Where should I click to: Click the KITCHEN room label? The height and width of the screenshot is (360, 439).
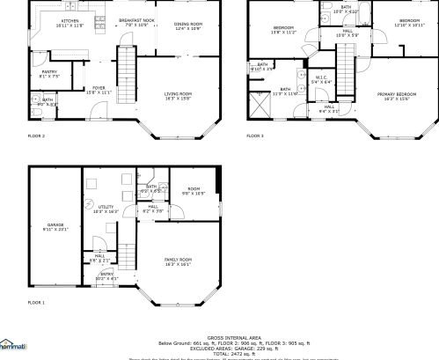pos(70,22)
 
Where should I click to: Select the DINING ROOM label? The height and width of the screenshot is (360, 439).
pos(187,26)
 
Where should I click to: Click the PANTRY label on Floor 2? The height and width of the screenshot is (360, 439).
pos(49,73)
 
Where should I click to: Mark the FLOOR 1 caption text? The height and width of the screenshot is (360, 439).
pos(36,302)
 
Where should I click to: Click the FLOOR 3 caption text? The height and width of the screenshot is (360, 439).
pos(254,136)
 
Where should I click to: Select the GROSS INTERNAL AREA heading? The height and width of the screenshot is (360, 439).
pos(233,337)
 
